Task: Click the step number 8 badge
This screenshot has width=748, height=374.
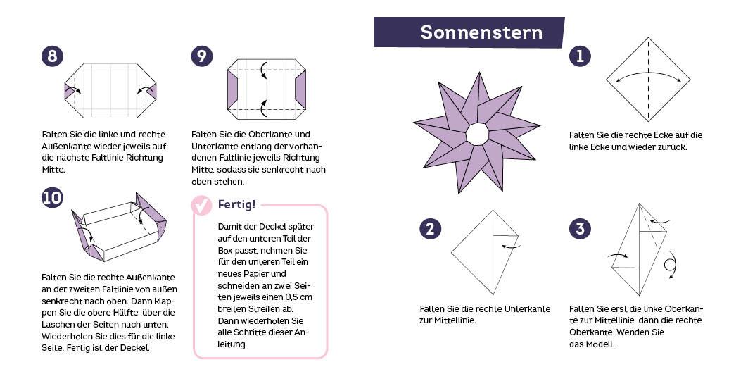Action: tap(51, 56)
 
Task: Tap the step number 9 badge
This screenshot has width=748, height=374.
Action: tap(202, 56)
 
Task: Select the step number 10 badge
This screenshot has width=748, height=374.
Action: tap(51, 199)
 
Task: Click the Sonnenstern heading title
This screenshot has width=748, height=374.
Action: tap(481, 32)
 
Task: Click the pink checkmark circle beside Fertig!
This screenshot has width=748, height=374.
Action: tap(203, 205)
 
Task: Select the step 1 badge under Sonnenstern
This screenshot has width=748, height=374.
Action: tap(580, 56)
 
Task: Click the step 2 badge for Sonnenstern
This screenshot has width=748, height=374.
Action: tap(430, 228)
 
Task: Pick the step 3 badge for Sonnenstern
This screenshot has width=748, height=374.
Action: tap(580, 228)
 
